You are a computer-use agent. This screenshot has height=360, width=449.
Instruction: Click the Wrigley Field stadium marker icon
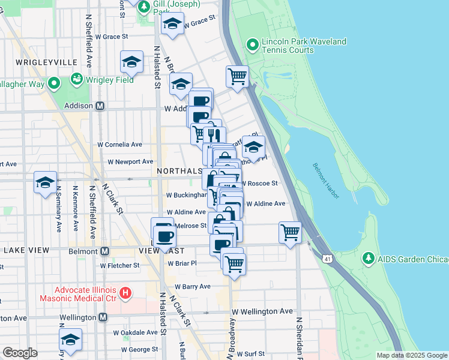pos(76,79)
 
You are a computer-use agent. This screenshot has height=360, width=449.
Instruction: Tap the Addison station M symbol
pos(100,106)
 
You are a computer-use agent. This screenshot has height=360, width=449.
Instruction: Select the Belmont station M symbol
pos(104,251)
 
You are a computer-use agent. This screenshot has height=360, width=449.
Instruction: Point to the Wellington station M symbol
pos(103,317)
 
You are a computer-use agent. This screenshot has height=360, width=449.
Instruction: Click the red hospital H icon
pos(125,293)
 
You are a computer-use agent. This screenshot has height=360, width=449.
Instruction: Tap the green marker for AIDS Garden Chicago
pos(369,258)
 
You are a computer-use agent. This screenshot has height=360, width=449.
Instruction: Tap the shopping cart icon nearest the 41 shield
pos(290,231)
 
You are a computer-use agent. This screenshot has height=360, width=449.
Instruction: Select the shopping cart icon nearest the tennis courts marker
pos(237,76)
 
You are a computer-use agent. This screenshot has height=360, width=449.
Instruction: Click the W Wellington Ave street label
pos(262,311)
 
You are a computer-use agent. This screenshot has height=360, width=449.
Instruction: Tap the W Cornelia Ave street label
pos(120,145)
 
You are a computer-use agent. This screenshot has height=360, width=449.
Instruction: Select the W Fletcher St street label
pos(119,265)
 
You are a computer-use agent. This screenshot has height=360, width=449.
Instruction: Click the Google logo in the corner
pos(20,353)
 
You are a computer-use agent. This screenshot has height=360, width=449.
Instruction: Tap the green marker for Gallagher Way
pos(53,83)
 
